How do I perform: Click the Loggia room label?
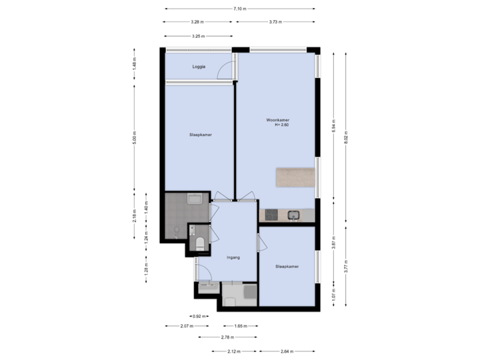(x=199, y=67)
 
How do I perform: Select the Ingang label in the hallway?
(x=233, y=257)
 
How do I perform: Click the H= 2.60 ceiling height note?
(x=281, y=125)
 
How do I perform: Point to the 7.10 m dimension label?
(x=239, y=9)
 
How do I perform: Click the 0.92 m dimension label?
(x=198, y=316)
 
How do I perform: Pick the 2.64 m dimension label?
(x=286, y=351)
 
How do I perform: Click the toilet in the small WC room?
(x=200, y=243)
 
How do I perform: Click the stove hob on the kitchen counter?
(x=272, y=215)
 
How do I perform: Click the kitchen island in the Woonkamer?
(x=295, y=177)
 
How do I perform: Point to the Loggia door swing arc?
(x=227, y=69)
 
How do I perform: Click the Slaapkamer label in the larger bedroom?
(x=201, y=135)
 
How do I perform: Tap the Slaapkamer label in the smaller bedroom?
(x=287, y=266)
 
